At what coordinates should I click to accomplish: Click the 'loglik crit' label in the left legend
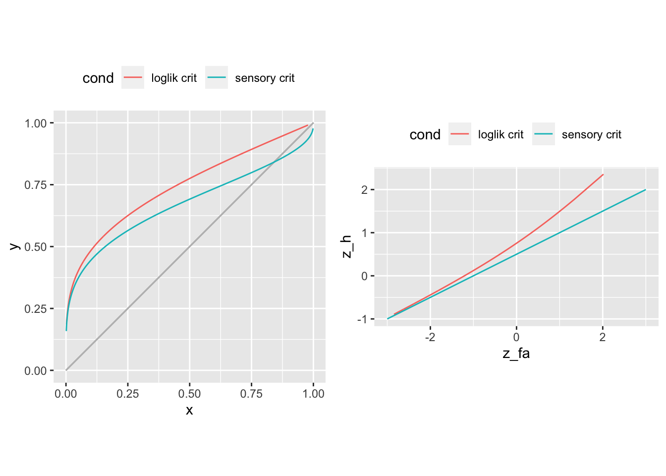[174, 78]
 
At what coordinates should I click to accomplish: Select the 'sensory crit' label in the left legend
[265, 78]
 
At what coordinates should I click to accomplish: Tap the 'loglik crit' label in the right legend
[500, 135]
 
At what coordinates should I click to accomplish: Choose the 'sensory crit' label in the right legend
[591, 135]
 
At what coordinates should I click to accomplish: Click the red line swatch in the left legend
[133, 78]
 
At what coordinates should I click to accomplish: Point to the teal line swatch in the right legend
[544, 134]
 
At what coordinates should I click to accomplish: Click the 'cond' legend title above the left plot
[98, 78]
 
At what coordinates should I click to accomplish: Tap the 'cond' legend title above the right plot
[425, 135]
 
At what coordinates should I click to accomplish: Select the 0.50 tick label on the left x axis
[189, 394]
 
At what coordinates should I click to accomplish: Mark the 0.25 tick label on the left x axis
[127, 394]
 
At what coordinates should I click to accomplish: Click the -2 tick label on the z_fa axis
[430, 338]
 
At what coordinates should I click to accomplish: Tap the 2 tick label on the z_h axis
[364, 190]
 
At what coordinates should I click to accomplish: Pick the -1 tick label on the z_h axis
[362, 319]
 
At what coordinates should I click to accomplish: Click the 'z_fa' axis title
[516, 354]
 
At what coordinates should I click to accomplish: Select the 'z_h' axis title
[347, 246]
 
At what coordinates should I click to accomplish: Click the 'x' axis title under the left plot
[189, 411]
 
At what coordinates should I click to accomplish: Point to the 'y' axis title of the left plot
[15, 246]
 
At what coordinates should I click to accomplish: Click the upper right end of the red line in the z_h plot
[603, 175]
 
